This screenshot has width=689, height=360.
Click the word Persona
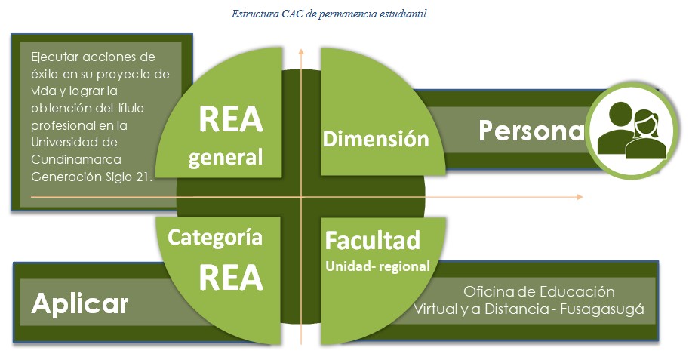tap(532, 131)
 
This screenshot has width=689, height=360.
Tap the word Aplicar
tap(80, 303)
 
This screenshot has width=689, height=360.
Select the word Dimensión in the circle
tap(376, 139)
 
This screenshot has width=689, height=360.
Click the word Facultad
tap(373, 241)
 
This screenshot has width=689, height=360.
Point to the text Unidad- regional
tap(377, 266)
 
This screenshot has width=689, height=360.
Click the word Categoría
tap(215, 238)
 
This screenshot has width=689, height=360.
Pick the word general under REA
tap(226, 158)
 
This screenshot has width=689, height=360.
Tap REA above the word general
tap(231, 119)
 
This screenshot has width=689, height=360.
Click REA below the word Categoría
tap(231, 278)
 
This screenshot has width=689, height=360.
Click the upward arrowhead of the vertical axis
tap(301, 51)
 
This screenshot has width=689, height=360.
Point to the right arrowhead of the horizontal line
tap(580, 197)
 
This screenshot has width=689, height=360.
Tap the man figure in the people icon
tap(616, 128)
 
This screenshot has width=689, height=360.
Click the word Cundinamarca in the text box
tap(76, 159)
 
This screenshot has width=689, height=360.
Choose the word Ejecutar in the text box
tap(54, 57)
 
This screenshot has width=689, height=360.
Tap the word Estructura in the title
tap(255, 14)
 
